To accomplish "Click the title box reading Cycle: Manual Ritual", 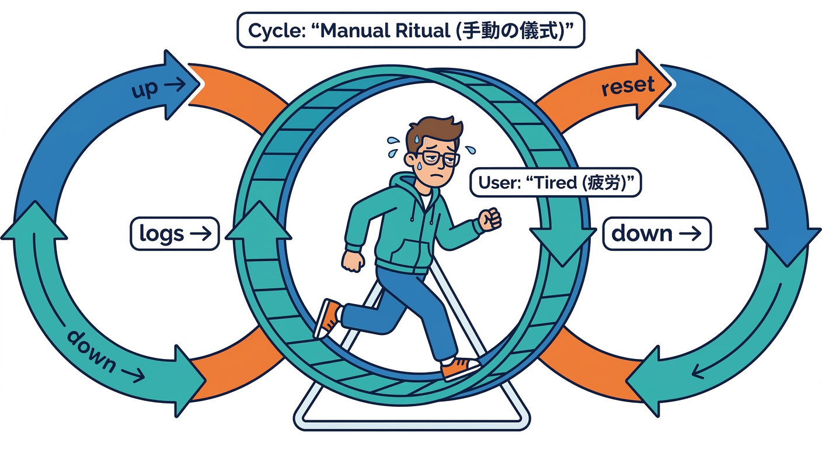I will [410, 30].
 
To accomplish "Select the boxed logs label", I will [173, 234].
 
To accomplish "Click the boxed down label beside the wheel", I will [656, 234].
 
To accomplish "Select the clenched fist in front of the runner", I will [490, 219].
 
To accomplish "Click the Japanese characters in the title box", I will [511, 30].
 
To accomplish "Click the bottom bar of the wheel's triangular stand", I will [412, 420].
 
